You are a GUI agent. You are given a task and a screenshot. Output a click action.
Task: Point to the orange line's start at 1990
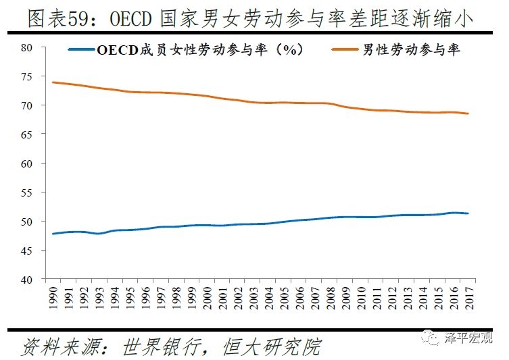53,82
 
